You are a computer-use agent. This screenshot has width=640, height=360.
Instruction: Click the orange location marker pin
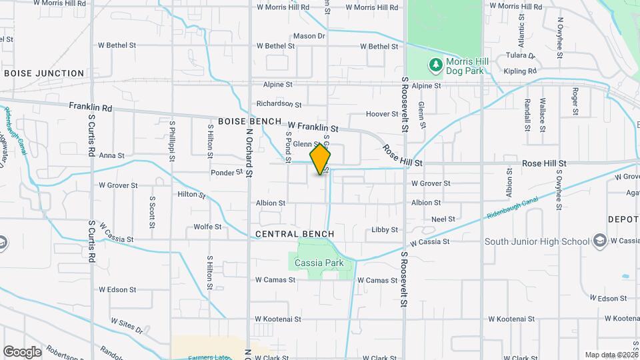pyautogui.click(x=321, y=159)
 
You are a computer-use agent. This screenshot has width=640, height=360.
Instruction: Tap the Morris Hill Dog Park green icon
pyautogui.click(x=435, y=65)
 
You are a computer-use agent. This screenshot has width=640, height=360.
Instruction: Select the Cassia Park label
pyautogui.click(x=319, y=263)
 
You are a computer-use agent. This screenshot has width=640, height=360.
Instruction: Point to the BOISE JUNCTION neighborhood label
pyautogui.click(x=44, y=73)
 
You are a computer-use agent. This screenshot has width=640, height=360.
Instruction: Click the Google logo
pyautogui.click(x=22, y=352)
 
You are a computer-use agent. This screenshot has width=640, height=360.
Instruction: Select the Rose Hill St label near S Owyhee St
pyautogui.click(x=544, y=163)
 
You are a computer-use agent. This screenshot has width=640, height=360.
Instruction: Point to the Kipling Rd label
pyautogui.click(x=521, y=71)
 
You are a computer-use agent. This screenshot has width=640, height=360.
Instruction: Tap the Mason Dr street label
pyautogui.click(x=309, y=36)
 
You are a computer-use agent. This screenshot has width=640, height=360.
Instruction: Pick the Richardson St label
pyautogui.click(x=279, y=104)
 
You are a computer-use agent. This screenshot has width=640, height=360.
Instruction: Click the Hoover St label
pyautogui.click(x=382, y=115)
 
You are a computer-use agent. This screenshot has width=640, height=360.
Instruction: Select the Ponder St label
pyautogui.click(x=227, y=172)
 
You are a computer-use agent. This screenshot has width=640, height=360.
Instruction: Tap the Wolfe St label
pyautogui.click(x=207, y=227)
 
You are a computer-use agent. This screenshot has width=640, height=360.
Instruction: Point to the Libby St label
pyautogui.click(x=385, y=229)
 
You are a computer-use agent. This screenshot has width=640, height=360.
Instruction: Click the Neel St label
pyautogui.click(x=443, y=219)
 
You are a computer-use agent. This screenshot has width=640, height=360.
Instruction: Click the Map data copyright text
pyautogui.click(x=611, y=355)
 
